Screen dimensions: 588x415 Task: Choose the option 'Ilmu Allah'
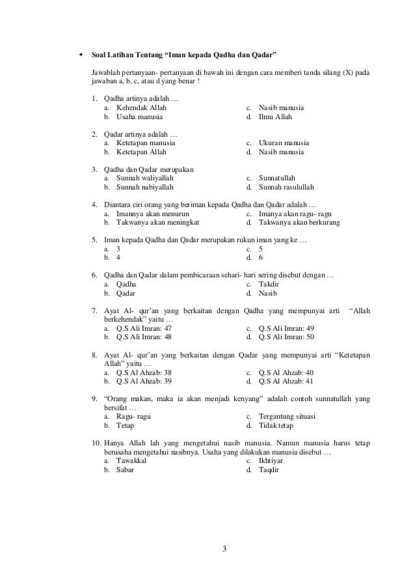click(x=275, y=117)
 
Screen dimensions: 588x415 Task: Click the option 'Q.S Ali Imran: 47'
click(x=144, y=328)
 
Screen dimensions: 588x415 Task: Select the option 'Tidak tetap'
click(x=276, y=426)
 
